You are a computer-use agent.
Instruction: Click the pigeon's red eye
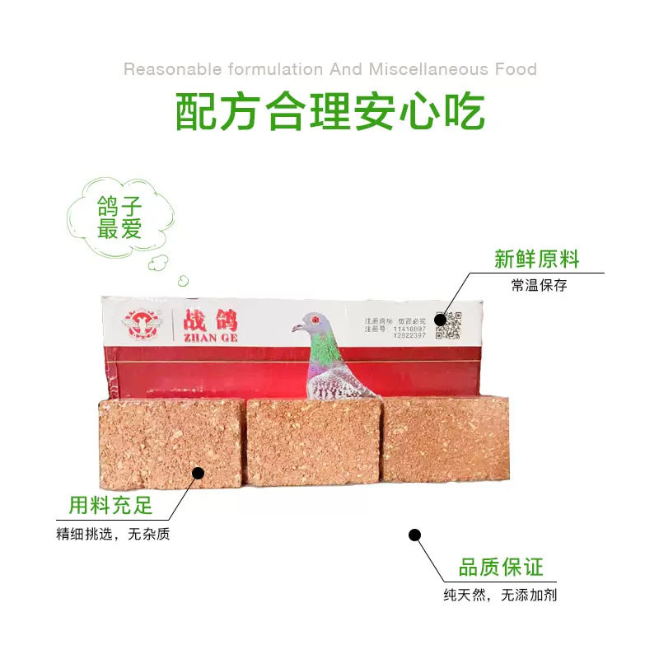click(314, 316)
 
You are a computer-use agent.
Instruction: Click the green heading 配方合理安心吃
click(329, 113)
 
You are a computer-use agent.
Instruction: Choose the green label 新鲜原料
click(537, 259)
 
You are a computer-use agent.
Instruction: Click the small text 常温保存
click(539, 285)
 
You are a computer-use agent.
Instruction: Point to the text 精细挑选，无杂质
click(113, 534)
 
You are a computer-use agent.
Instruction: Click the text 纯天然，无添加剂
click(500, 594)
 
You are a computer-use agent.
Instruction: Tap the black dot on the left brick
click(198, 472)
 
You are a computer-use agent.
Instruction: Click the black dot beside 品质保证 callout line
click(415, 535)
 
